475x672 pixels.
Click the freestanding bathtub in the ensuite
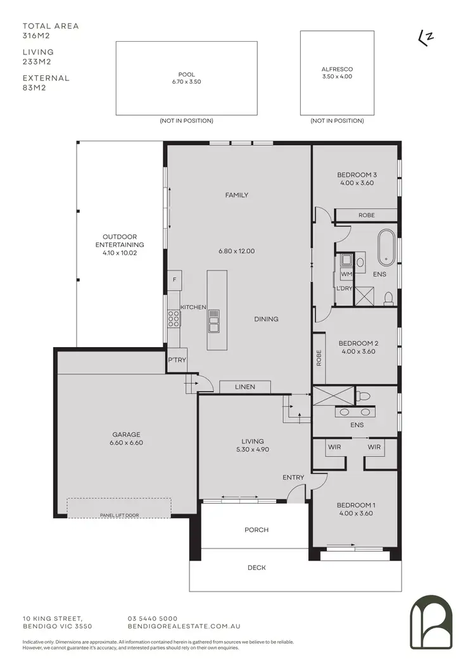(386, 248)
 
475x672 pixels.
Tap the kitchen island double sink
(213, 321)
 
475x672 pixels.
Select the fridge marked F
(174, 279)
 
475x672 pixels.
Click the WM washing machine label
(346, 275)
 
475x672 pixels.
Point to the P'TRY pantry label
(175, 360)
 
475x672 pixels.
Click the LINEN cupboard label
(245, 387)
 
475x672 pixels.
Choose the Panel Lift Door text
(119, 516)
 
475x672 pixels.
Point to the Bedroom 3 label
(357, 175)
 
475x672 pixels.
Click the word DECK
(256, 568)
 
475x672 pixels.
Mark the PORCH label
(256, 530)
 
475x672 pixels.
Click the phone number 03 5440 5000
(153, 618)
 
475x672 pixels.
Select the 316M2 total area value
(36, 36)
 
